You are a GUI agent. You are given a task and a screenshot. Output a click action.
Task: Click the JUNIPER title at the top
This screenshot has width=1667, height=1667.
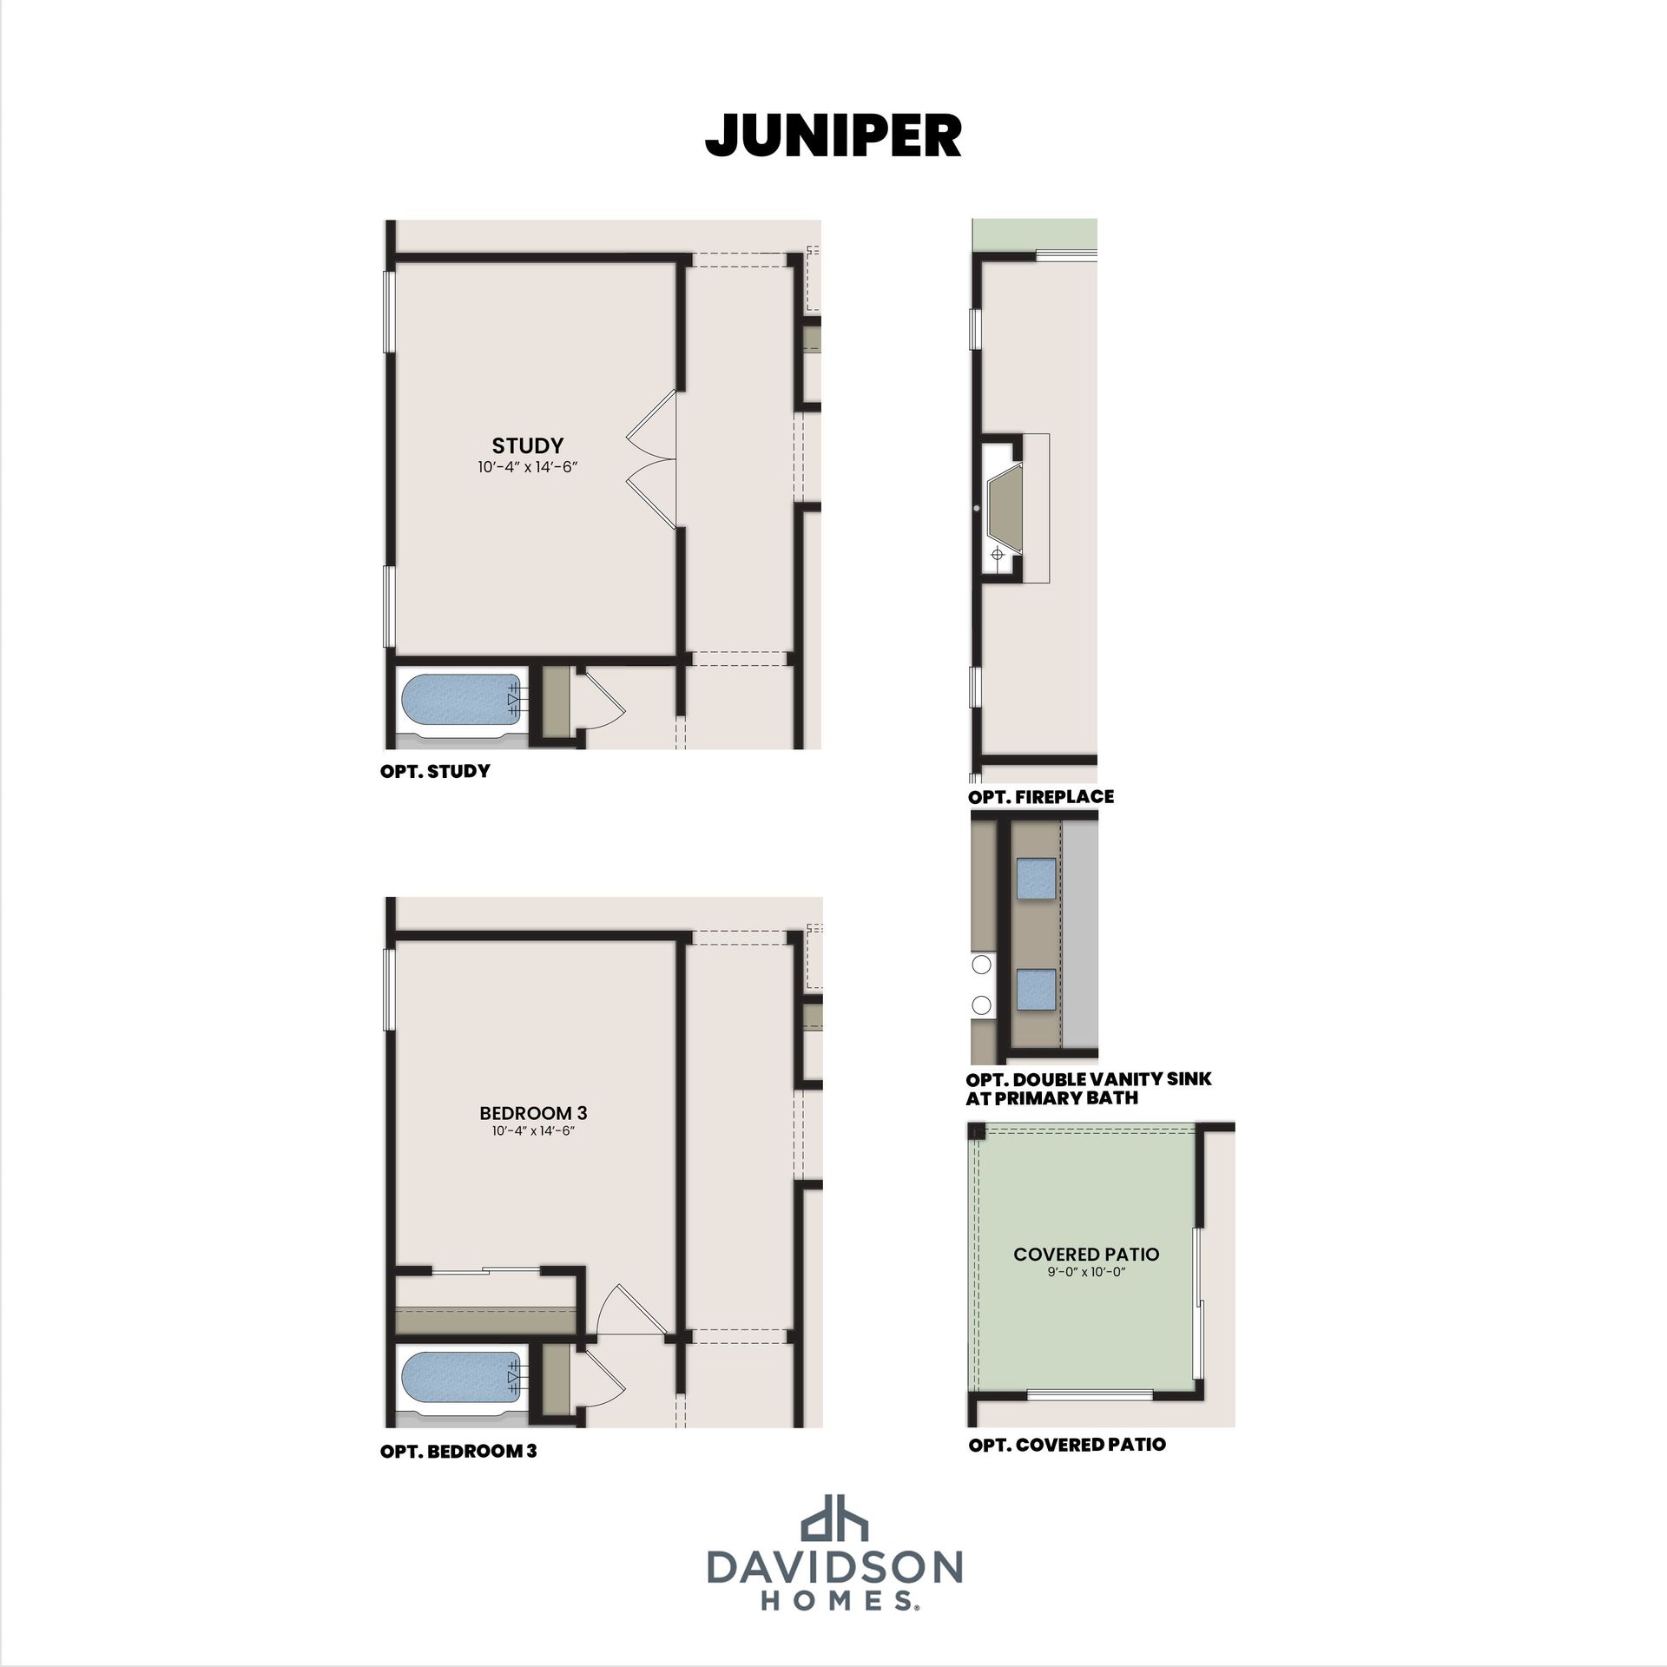[x=833, y=135]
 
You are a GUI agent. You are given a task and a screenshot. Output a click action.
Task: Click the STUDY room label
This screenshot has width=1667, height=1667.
[x=528, y=445]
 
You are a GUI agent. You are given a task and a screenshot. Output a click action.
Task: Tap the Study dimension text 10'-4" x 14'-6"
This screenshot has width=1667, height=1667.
[x=528, y=467]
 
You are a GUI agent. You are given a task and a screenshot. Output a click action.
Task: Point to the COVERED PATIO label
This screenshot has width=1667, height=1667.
[x=1086, y=1255]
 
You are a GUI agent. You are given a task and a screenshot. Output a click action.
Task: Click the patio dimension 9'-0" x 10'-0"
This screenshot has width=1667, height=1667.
[x=1086, y=1273]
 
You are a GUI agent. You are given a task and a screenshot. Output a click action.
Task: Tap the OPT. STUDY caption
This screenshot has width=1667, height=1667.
[x=435, y=771]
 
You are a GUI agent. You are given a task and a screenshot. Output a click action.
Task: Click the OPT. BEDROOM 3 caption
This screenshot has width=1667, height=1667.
[x=458, y=1451]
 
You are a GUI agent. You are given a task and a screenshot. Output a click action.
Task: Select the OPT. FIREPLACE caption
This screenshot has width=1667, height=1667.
[x=1040, y=796]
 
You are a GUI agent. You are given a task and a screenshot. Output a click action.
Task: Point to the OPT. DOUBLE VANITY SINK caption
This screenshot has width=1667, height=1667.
[x=1089, y=1079]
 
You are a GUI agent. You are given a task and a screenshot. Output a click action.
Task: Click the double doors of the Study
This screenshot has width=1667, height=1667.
[x=651, y=458]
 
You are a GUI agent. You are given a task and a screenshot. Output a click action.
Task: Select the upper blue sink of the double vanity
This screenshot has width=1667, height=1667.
[x=1037, y=878]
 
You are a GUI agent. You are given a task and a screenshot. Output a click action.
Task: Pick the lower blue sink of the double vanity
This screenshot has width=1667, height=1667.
[x=1037, y=990]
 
